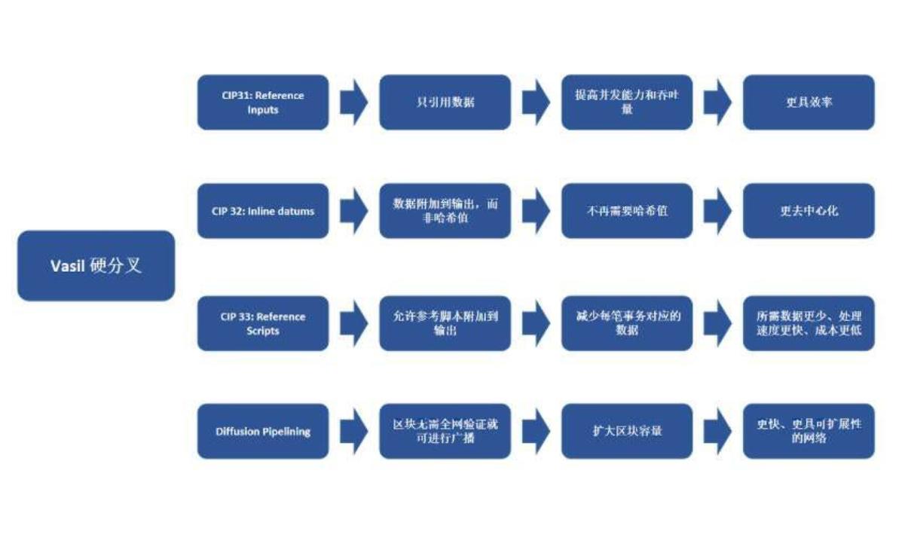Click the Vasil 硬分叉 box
click(96, 265)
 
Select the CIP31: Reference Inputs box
click(263, 102)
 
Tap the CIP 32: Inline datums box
click(263, 211)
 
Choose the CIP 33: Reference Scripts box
click(263, 323)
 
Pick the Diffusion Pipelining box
click(263, 432)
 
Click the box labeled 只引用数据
click(445, 102)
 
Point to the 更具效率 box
click(809, 102)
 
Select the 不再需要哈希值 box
click(627, 211)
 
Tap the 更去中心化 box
click(809, 211)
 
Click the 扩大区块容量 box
click(627, 432)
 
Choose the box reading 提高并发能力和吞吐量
click(627, 102)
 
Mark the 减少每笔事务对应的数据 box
click(627, 323)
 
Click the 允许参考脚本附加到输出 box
click(445, 323)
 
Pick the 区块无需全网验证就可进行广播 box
click(445, 432)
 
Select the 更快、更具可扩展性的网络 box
click(809, 432)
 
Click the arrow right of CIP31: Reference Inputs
click(353, 102)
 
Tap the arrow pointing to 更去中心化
click(717, 211)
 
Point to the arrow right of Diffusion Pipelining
click(353, 432)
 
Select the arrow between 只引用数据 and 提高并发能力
click(536, 102)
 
